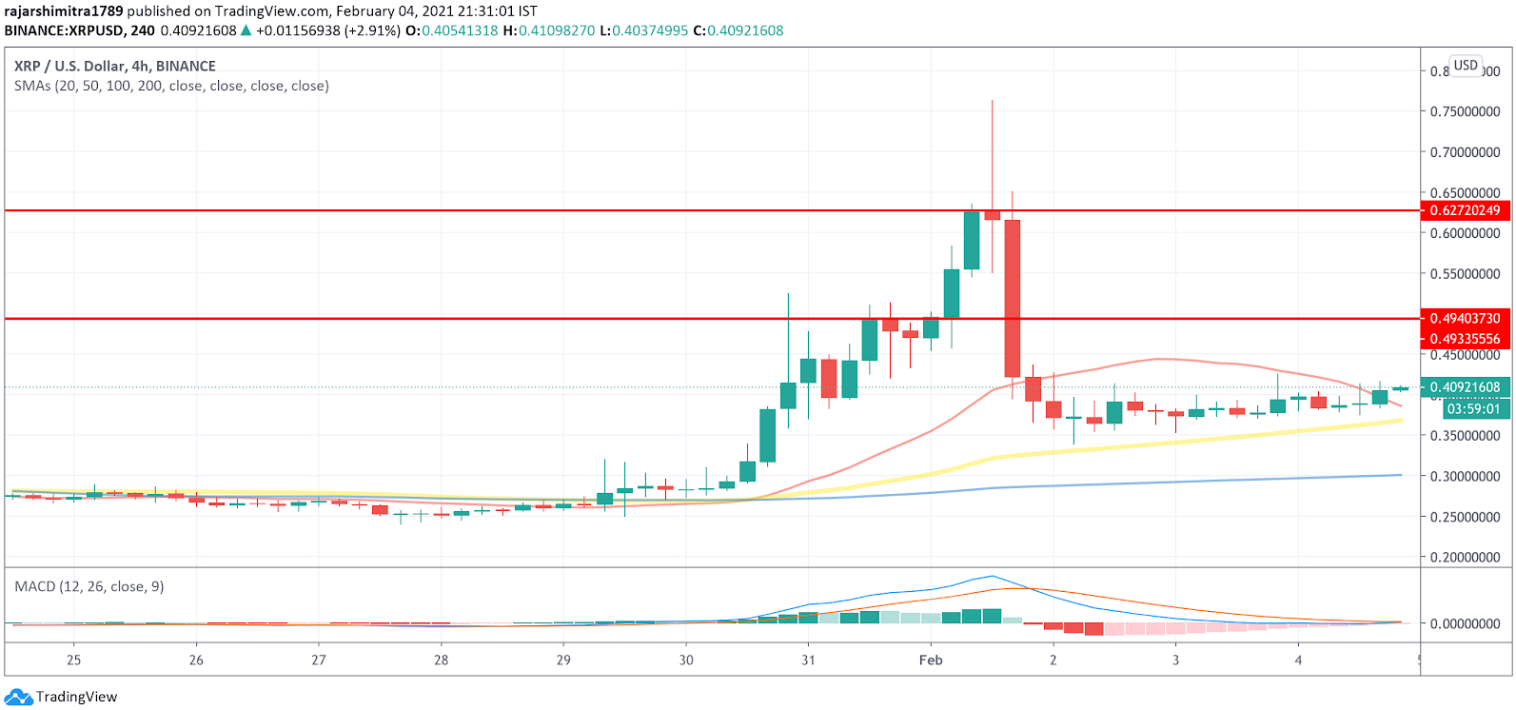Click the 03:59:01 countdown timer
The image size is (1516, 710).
(1473, 409)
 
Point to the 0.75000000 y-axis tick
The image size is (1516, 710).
(1465, 111)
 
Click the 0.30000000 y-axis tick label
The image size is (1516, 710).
(1465, 476)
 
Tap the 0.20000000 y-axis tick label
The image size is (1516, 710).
(1465, 558)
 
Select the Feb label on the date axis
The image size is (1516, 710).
(931, 660)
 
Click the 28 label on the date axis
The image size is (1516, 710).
(441, 660)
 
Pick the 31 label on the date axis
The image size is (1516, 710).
(808, 660)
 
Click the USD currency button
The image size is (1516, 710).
(1466, 66)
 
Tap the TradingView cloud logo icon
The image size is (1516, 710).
(19, 697)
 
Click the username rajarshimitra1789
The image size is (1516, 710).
(64, 11)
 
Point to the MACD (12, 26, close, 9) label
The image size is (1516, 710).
(89, 586)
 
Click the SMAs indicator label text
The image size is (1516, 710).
(171, 86)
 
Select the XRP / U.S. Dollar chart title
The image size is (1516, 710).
(115, 66)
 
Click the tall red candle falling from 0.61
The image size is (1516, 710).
(1013, 298)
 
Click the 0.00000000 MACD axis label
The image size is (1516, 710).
(1465, 623)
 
